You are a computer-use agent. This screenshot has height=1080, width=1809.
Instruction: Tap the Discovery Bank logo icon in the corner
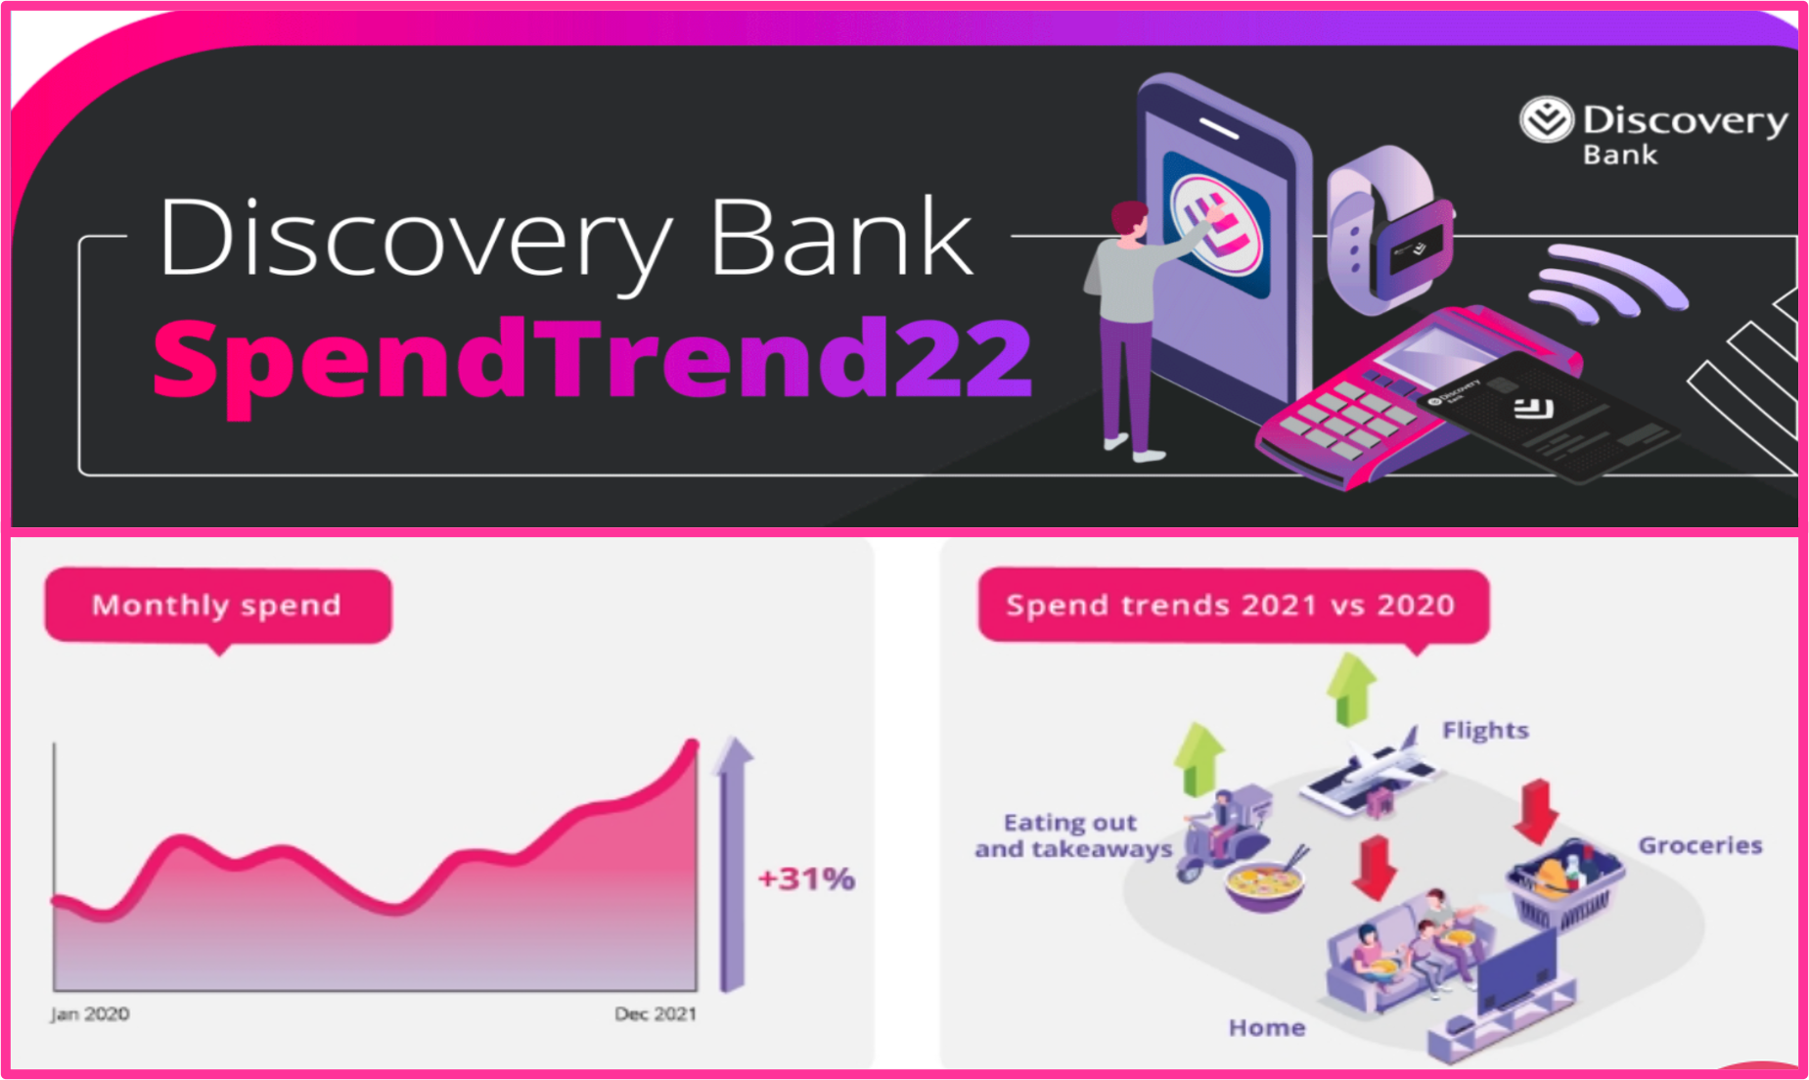pyautogui.click(x=1546, y=120)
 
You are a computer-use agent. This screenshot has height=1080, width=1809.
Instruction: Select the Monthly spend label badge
pyautogui.click(x=217, y=606)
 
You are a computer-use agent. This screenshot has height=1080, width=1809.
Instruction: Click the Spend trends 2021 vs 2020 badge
pyautogui.click(x=1232, y=606)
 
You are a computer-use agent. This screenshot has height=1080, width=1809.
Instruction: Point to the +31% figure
pyautogui.click(x=806, y=878)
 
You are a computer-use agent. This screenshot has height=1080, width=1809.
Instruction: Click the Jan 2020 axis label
pyautogui.click(x=90, y=1014)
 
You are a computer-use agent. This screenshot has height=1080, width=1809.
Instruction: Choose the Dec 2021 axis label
pyautogui.click(x=656, y=1014)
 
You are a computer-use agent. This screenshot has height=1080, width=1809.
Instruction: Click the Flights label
pyautogui.click(x=1485, y=730)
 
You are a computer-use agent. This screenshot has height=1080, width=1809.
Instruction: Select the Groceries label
pyautogui.click(x=1699, y=845)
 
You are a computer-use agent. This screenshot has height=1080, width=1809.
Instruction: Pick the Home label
pyautogui.click(x=1266, y=1027)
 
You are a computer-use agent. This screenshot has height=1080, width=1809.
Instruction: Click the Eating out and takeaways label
pyautogui.click(x=1072, y=835)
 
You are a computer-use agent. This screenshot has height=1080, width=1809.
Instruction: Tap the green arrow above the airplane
pyautogui.click(x=1351, y=689)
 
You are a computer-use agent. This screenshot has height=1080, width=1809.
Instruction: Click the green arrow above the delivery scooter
pyautogui.click(x=1198, y=758)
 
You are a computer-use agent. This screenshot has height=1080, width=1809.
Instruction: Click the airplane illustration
pyautogui.click(x=1370, y=768)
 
